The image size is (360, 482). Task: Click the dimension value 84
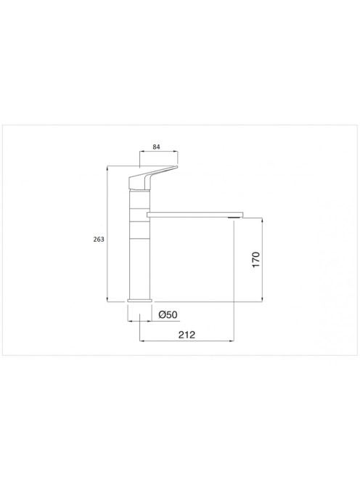[x=156, y=147]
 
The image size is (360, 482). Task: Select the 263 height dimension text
[x=99, y=239]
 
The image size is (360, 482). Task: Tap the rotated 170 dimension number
[x=256, y=259]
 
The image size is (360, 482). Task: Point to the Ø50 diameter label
[x=168, y=315]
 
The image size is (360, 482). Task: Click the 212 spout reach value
[x=187, y=335]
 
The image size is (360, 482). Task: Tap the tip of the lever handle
[x=177, y=167]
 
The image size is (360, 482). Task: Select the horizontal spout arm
[x=195, y=214]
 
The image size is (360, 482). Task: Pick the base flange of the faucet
[x=140, y=301]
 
